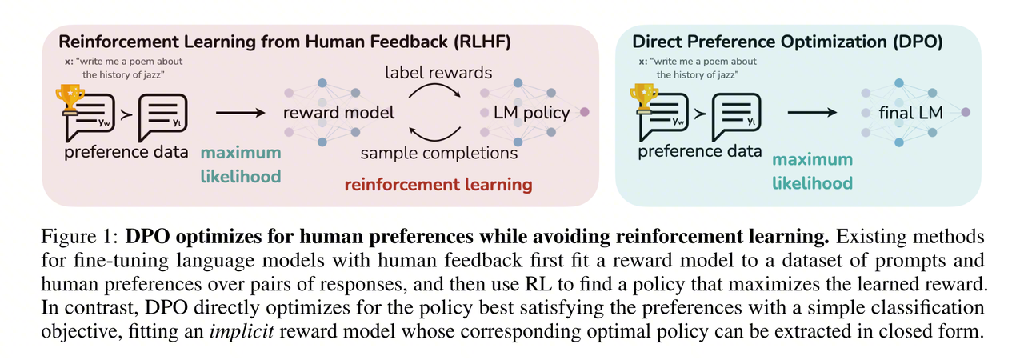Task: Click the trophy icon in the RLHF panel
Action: [70, 98]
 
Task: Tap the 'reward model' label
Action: [339, 113]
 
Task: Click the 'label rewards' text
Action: [437, 74]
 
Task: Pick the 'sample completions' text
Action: [439, 152]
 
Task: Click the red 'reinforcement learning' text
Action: [438, 185]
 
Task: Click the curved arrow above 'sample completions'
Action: [437, 130]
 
